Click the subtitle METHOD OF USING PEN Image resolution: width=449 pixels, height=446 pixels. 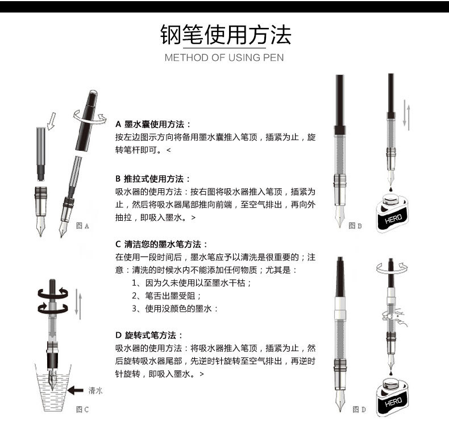point(224,57)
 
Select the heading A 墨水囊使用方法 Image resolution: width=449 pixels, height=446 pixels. point(153,124)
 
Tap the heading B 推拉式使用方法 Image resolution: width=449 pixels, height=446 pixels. point(153,179)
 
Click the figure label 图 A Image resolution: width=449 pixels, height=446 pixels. point(82,226)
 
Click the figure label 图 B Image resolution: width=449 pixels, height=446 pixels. point(355,226)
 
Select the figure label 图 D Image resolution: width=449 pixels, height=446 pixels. point(359,410)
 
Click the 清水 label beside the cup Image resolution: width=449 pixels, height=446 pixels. point(95,390)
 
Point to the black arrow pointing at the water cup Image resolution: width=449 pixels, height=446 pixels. point(74,390)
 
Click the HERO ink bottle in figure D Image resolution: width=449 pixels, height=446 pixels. point(392,398)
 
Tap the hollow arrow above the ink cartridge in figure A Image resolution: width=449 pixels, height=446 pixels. point(52,120)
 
